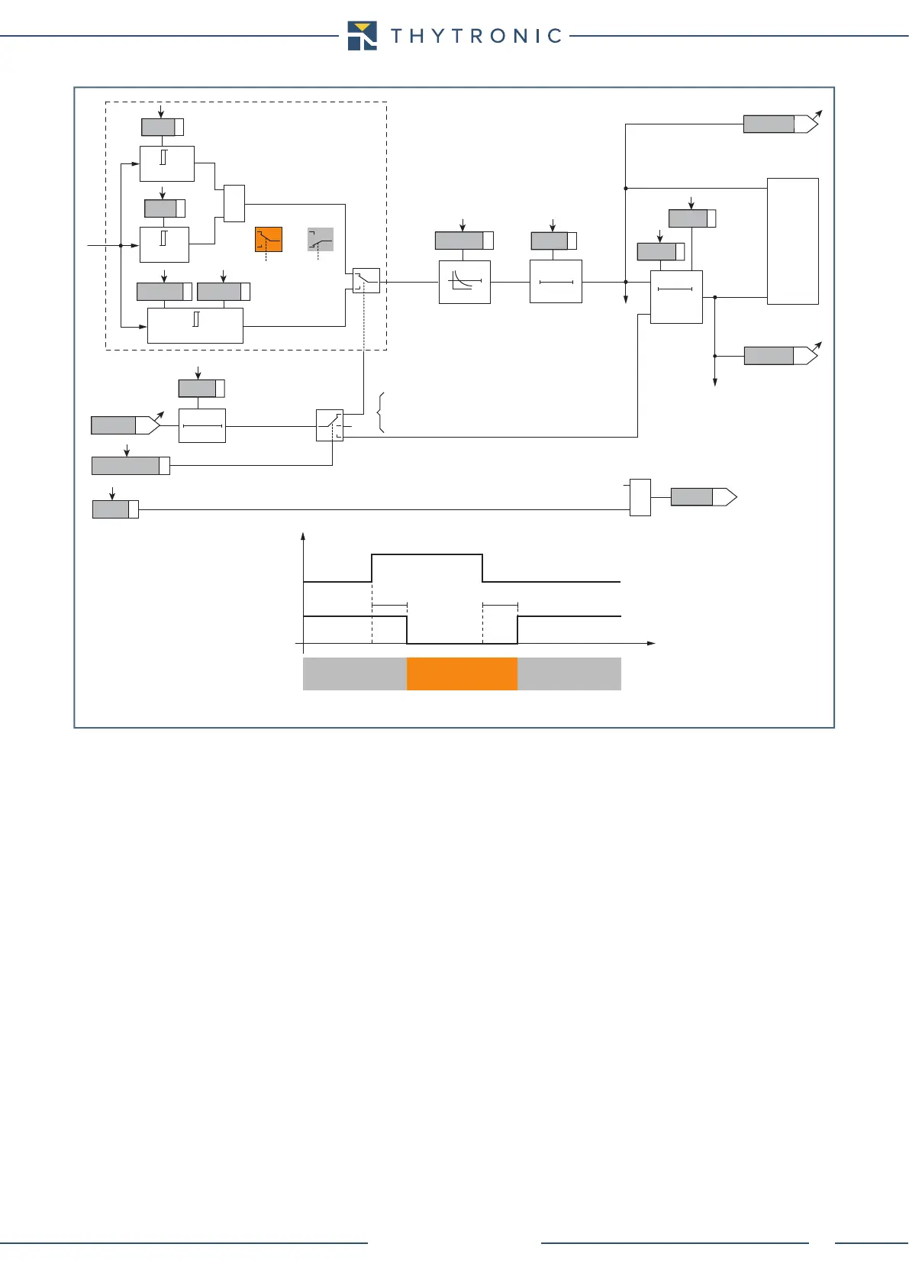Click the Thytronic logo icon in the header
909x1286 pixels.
[x=362, y=35]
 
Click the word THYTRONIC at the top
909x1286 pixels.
[x=476, y=36]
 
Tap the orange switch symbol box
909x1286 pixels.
[x=269, y=240]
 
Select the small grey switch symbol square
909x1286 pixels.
[x=321, y=240]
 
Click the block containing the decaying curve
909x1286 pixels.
[x=465, y=282]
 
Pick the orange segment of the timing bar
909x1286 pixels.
[x=462, y=674]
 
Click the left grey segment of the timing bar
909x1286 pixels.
[x=355, y=674]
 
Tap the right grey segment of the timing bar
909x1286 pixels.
[x=569, y=674]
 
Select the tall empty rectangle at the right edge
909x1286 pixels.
[x=793, y=241]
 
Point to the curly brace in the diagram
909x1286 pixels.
[x=380, y=412]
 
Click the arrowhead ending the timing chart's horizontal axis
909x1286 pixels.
[x=652, y=644]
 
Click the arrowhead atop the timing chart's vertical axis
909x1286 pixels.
[x=304, y=537]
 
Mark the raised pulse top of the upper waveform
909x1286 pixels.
[x=427, y=555]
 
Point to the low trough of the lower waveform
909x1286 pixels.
[x=462, y=643]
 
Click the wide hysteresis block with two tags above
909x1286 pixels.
[x=195, y=325]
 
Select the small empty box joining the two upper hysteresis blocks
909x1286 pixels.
[x=234, y=203]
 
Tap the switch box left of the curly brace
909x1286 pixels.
[x=330, y=425]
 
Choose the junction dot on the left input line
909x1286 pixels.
[x=121, y=246]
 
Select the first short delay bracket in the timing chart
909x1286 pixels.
[x=389, y=605]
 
